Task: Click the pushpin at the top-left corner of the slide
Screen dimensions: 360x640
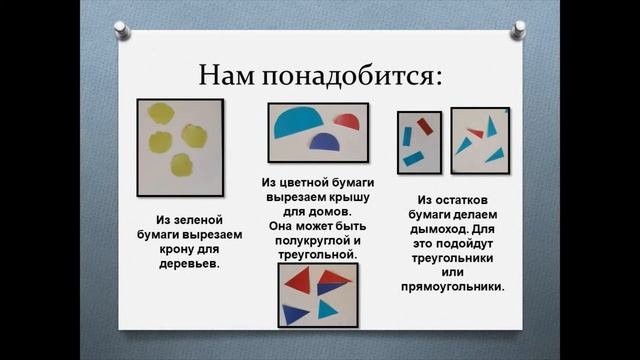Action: [122, 30]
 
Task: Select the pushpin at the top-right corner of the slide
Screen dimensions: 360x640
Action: [517, 30]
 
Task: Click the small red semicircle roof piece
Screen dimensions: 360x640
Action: [346, 122]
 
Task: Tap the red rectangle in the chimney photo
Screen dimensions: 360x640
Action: [423, 126]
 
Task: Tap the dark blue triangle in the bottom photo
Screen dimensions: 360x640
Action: [294, 313]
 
